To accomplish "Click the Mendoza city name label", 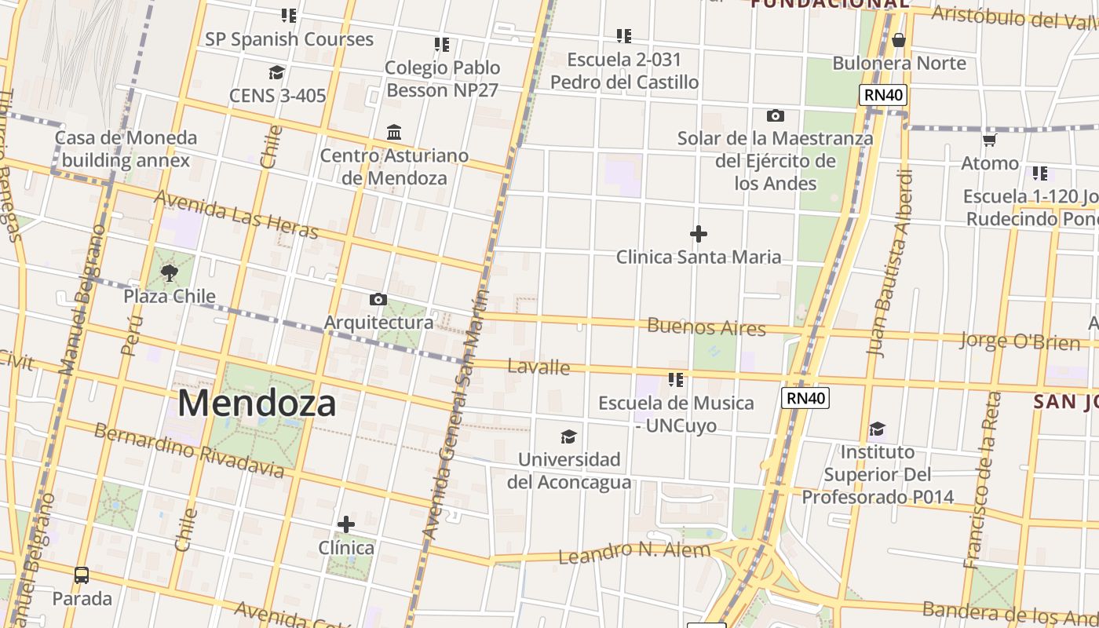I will [x=257, y=403].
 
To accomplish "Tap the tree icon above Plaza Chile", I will [x=169, y=273].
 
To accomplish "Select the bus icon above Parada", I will [x=82, y=575].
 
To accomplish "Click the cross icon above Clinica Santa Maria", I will [x=698, y=234].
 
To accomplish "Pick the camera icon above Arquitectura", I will [x=378, y=299].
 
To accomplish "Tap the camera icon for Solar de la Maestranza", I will [x=776, y=115].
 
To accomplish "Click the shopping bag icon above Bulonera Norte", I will [x=899, y=40].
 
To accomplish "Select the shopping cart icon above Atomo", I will [x=990, y=141].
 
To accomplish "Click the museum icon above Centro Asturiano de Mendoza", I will [x=394, y=132].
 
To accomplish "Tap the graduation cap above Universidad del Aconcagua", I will [x=568, y=436].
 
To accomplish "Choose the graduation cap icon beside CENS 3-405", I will [x=276, y=73].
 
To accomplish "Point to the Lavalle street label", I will [x=539, y=367].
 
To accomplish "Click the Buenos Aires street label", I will [x=706, y=327].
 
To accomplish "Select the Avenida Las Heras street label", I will [x=235, y=214].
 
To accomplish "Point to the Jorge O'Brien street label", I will [x=1019, y=341].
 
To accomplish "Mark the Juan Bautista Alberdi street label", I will [x=890, y=263].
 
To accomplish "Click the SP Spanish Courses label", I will [x=289, y=39].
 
